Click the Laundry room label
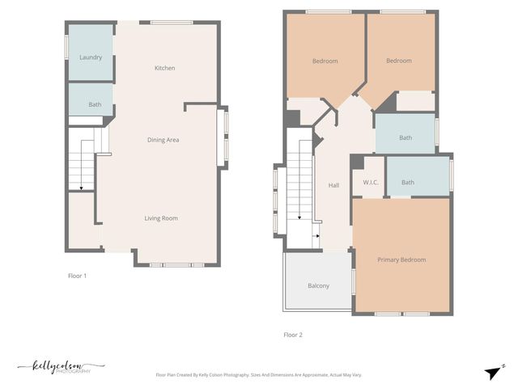tap(90, 57)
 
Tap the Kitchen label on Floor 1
tap(164, 68)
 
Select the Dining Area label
tap(163, 140)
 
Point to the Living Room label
tap(161, 218)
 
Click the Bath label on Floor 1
tap(95, 104)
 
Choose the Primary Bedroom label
tap(401, 259)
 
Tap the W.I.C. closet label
tap(372, 183)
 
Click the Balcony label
tap(318, 285)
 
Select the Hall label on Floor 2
tap(333, 185)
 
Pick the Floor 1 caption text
tap(77, 276)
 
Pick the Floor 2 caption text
tap(293, 334)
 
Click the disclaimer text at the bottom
tap(258, 375)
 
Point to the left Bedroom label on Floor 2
tap(325, 61)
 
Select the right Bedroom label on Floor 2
tap(398, 61)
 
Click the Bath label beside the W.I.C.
tap(408, 182)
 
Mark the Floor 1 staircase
tap(81, 162)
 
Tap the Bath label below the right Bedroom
tap(405, 137)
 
